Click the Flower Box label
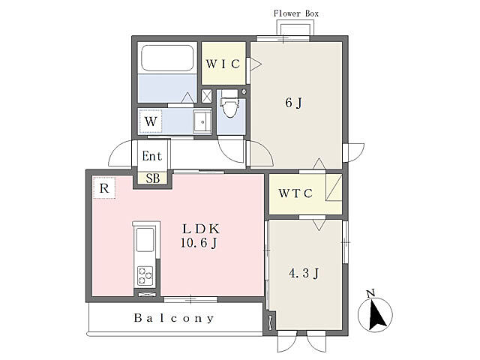point(296,13)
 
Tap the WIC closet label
point(223,64)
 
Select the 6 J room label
point(293,103)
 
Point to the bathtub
point(167,58)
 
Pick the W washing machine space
point(151,121)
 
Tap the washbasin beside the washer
point(202,121)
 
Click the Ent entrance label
point(151,156)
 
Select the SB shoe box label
point(152,178)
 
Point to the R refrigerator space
point(104,188)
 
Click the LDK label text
point(201,229)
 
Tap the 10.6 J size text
point(199,243)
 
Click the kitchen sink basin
point(145,239)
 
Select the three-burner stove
point(145,275)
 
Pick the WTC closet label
point(295,193)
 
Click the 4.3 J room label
point(304,273)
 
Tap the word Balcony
point(173,318)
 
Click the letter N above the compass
point(371,293)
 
